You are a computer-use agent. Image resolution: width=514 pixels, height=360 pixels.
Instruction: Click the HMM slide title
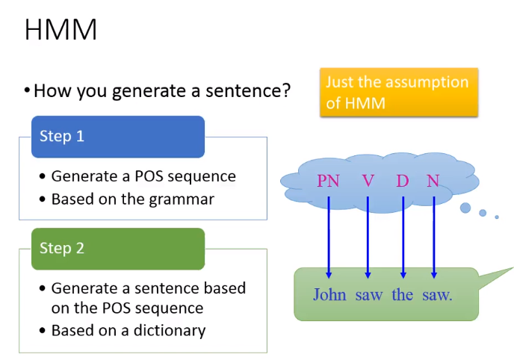tap(61, 30)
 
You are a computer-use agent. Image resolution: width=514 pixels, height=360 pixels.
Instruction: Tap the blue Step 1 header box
tap(118, 137)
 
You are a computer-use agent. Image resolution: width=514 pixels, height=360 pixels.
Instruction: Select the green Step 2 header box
tap(118, 249)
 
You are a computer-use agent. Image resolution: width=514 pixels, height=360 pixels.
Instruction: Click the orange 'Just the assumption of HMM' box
tap(399, 93)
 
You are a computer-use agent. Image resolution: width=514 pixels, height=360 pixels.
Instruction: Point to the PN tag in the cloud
tap(328, 181)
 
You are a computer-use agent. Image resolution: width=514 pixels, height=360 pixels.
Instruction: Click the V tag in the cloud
tap(368, 181)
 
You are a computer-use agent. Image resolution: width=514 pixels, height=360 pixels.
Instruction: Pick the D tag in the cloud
tap(403, 181)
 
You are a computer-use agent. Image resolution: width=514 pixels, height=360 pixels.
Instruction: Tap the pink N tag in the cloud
tap(433, 181)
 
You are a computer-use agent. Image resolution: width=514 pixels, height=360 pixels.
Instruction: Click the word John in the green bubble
tap(329, 294)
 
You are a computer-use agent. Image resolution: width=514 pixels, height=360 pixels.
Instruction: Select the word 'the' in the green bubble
tap(402, 294)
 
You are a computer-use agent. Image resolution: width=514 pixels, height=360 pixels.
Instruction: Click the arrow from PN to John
tap(329, 238)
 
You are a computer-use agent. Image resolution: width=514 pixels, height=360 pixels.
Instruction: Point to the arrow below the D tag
tap(403, 238)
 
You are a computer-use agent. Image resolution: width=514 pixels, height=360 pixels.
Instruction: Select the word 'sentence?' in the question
tap(248, 90)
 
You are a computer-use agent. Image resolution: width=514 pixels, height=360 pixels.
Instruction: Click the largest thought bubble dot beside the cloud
tap(465, 208)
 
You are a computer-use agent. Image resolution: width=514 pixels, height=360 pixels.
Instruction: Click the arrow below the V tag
tap(368, 238)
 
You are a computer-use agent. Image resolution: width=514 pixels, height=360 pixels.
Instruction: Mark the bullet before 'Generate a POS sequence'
tap(42, 176)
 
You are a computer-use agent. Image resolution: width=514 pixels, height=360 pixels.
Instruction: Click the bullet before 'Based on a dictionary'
tap(42, 331)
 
